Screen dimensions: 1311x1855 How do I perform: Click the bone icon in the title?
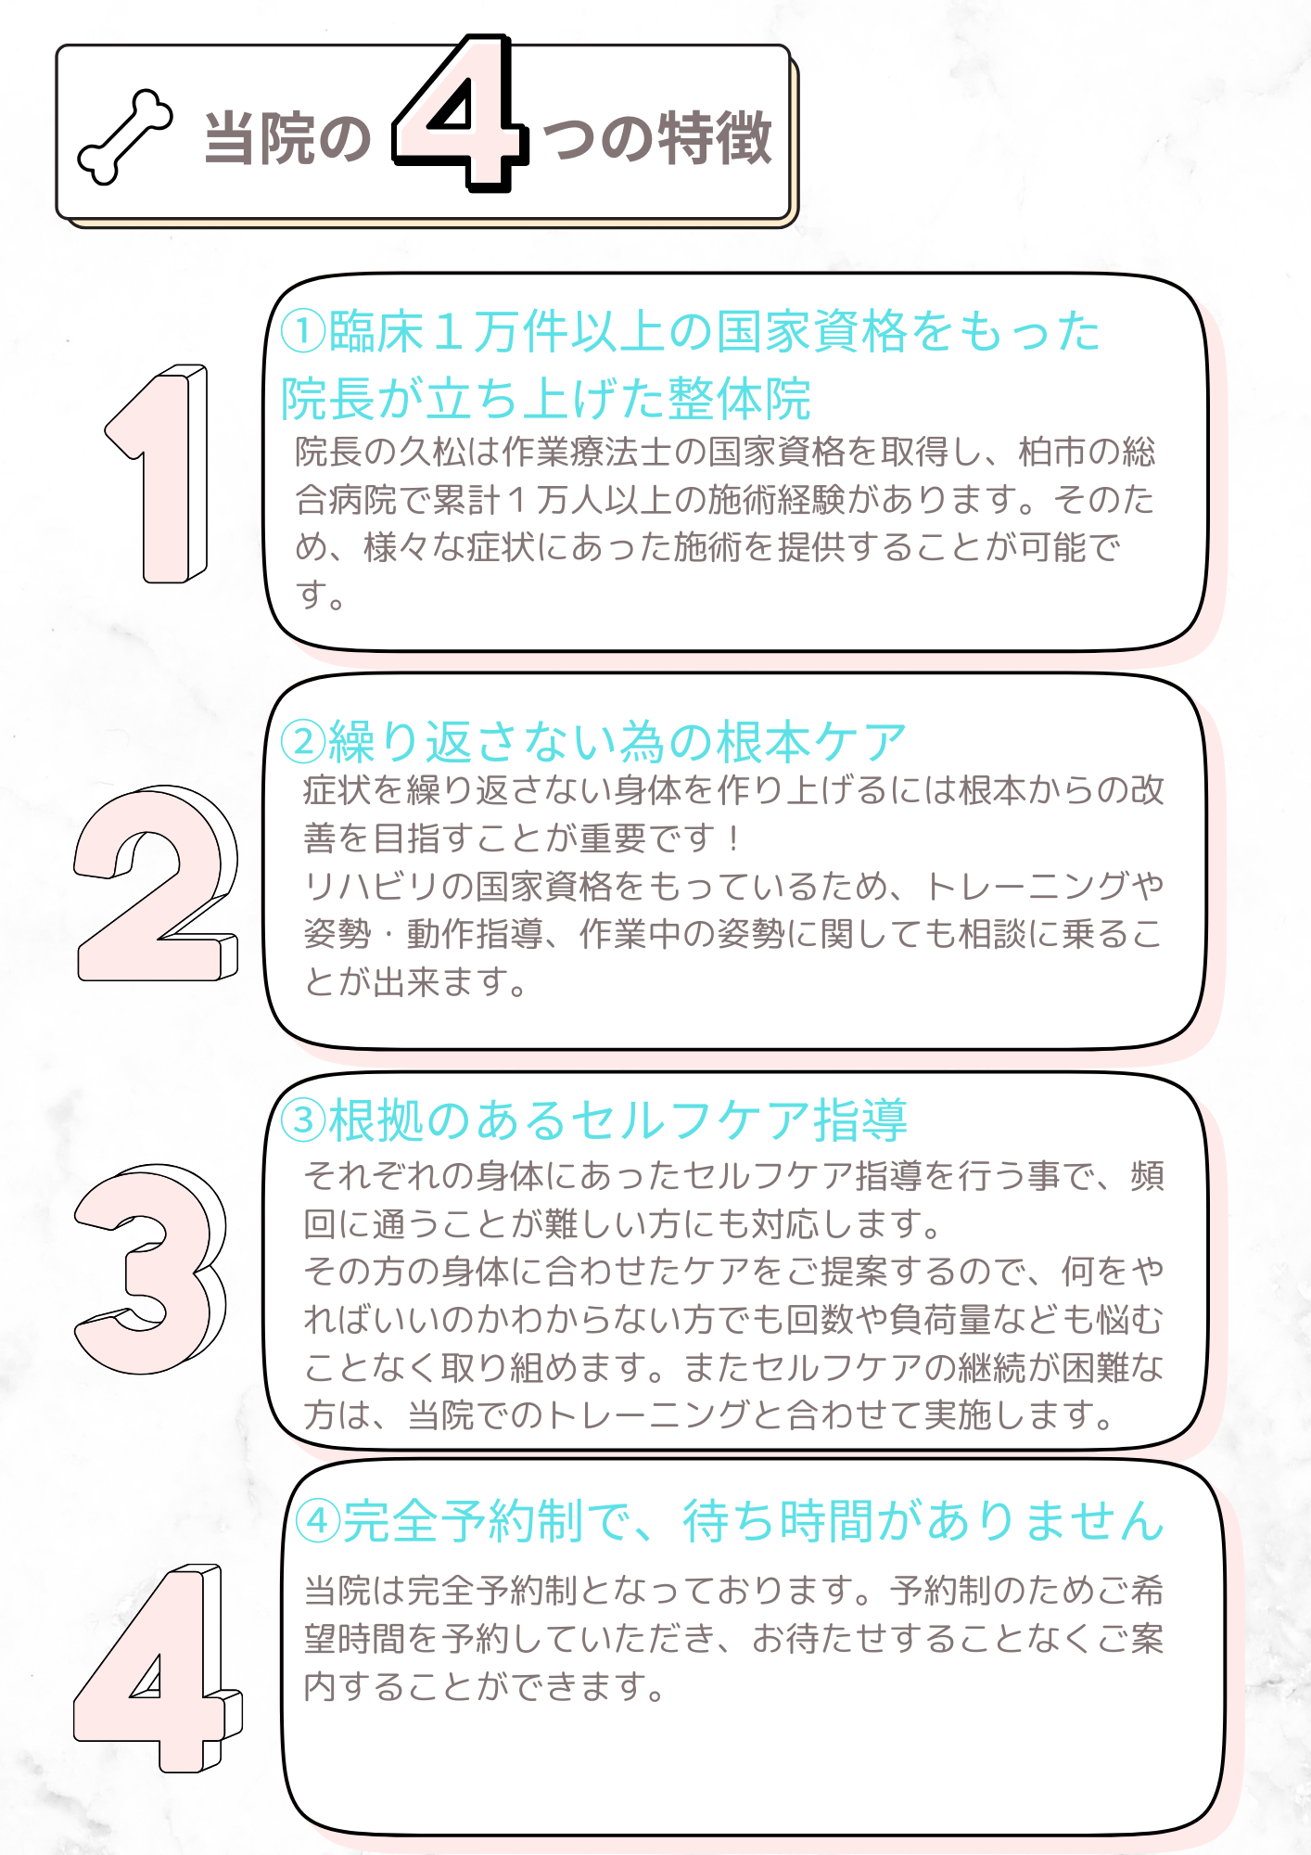click(x=125, y=136)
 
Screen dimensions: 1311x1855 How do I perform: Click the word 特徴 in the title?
click(x=715, y=138)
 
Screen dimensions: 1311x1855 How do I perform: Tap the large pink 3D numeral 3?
click(x=150, y=1269)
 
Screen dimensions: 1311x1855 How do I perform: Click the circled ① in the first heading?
click(x=303, y=331)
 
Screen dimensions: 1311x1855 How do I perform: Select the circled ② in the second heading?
click(x=303, y=741)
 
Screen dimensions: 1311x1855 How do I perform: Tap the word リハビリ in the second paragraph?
click(x=372, y=886)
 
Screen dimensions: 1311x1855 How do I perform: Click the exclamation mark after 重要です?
click(x=733, y=838)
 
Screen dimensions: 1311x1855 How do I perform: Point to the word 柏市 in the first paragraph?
click(x=1052, y=452)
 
